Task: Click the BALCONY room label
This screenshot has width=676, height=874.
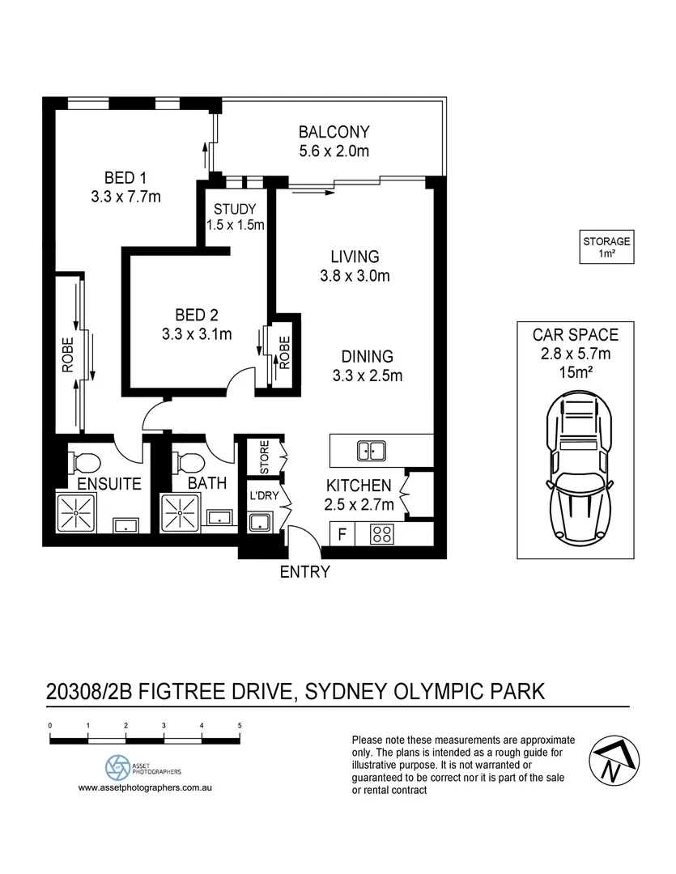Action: click(334, 132)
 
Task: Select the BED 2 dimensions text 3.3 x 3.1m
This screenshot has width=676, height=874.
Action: click(198, 333)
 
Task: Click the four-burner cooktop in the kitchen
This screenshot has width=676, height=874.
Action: click(381, 534)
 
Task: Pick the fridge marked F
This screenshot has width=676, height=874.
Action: click(343, 534)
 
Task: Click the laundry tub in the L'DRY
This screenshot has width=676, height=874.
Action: click(261, 521)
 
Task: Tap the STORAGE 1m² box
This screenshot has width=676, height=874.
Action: click(606, 247)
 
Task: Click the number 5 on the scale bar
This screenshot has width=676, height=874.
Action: click(240, 726)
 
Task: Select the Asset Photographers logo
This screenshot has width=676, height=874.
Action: click(118, 766)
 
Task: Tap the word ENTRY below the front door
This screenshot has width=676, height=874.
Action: click(304, 572)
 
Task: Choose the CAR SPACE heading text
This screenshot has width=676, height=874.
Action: click(575, 334)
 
